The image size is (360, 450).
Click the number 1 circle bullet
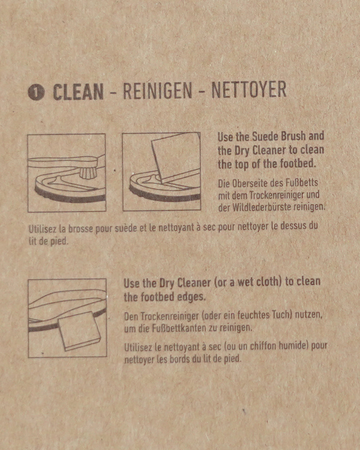[x=36, y=92]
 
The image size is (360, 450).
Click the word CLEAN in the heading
[x=78, y=92]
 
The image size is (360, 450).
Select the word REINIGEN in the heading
[x=157, y=91]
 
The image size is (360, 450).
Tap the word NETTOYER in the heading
[x=249, y=90]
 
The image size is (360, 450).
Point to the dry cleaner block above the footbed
[x=174, y=156]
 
